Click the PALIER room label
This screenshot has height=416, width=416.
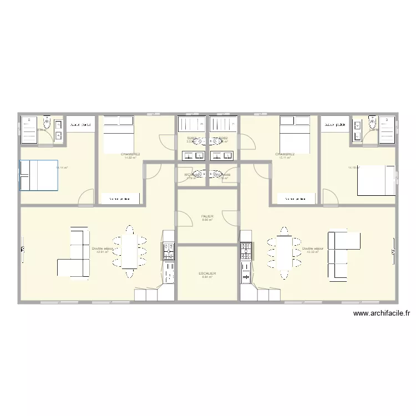207,216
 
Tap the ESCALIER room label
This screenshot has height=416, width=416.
207,273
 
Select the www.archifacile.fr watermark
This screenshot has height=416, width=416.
382,313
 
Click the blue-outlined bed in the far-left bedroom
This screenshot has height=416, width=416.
39,175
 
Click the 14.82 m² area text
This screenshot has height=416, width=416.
130,158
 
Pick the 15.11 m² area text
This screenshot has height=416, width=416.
285,158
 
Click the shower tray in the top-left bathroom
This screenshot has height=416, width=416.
29,130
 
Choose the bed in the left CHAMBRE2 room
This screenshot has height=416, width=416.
118,130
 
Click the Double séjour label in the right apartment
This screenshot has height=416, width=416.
312,248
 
